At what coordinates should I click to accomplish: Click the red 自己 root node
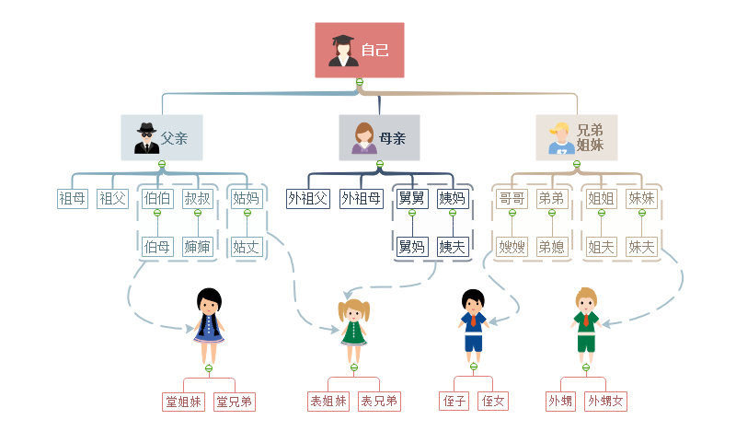360,50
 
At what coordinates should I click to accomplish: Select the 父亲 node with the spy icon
162,138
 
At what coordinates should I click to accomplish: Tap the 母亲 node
379,138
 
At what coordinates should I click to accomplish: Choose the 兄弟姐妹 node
577,138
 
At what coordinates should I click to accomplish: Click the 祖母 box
73,198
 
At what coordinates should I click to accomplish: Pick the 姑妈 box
246,198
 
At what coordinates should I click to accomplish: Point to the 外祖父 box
308,198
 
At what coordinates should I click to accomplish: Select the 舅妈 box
411,246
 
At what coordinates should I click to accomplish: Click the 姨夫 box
452,246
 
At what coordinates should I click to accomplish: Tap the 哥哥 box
512,198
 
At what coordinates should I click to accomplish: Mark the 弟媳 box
551,246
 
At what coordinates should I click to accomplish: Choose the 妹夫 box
641,246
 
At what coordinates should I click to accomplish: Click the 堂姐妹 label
184,402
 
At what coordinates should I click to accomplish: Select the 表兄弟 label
378,402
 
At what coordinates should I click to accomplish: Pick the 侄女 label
494,402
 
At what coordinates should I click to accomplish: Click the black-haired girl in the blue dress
209,327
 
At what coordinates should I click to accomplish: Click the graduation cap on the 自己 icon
342,41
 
